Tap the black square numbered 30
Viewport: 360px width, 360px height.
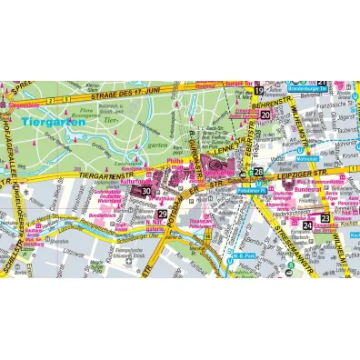[x=145, y=191]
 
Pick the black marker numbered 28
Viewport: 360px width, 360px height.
[x=258, y=171]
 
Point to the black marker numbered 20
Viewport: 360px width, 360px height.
[x=265, y=115]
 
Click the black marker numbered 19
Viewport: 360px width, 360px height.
[x=258, y=92]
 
